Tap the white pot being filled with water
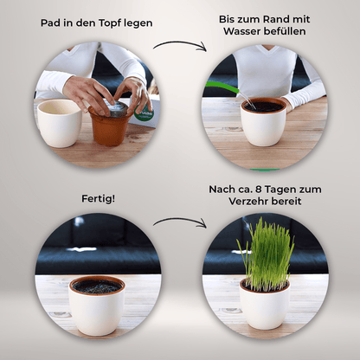pyautogui.click(x=262, y=123)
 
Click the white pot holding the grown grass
pyautogui.click(x=263, y=305)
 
